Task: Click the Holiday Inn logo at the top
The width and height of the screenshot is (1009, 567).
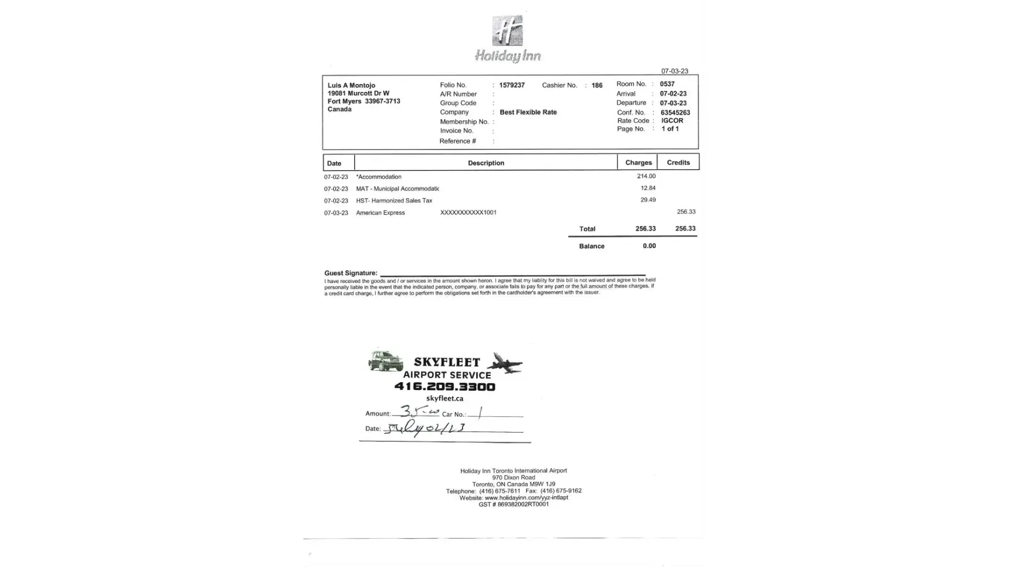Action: coord(507,39)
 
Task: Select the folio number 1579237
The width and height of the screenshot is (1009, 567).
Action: coord(512,85)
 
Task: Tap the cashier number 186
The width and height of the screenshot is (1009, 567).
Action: coord(597,86)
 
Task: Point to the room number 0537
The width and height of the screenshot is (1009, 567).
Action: coord(667,84)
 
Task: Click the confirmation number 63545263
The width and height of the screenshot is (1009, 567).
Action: coord(675,112)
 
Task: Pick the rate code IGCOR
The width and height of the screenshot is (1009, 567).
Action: coord(672,121)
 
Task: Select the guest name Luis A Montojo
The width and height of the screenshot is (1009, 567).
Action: coord(351,86)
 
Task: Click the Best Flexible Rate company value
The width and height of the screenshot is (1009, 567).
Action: coord(528,112)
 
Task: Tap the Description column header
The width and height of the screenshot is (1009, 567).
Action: coord(486,163)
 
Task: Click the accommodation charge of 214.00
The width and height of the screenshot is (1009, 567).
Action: coord(646,176)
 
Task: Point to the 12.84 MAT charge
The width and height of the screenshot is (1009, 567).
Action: coord(648,188)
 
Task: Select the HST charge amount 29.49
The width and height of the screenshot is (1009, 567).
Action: coord(648,200)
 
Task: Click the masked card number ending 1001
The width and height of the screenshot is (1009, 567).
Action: coord(468,213)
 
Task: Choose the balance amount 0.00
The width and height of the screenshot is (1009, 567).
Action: coord(649,246)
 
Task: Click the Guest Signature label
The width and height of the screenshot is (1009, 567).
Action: coord(351,273)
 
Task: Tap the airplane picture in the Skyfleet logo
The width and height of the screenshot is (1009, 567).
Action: coord(505,363)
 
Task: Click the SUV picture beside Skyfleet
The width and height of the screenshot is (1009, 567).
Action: coord(386,361)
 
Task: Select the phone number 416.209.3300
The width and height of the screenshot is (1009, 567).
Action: coord(445,387)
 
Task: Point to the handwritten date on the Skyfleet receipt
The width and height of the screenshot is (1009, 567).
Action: coord(424,429)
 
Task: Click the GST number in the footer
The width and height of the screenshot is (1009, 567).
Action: coord(514,505)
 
